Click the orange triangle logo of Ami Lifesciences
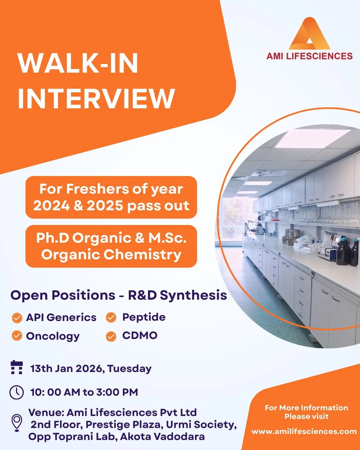(309, 35)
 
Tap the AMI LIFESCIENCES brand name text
(309, 56)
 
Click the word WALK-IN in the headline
(78, 63)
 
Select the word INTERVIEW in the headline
(96, 98)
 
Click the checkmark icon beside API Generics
(17, 318)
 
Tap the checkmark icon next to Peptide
(111, 318)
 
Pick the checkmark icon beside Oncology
(17, 336)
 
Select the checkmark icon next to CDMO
(111, 336)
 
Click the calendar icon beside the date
(17, 367)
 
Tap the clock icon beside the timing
(17, 392)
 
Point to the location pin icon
(17, 423)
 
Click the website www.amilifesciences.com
(304, 431)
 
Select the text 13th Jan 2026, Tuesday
(91, 369)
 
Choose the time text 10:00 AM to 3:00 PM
(84, 392)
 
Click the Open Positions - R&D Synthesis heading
(119, 295)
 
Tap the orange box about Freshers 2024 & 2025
(111, 197)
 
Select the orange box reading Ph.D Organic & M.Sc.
(111, 246)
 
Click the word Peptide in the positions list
(144, 317)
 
